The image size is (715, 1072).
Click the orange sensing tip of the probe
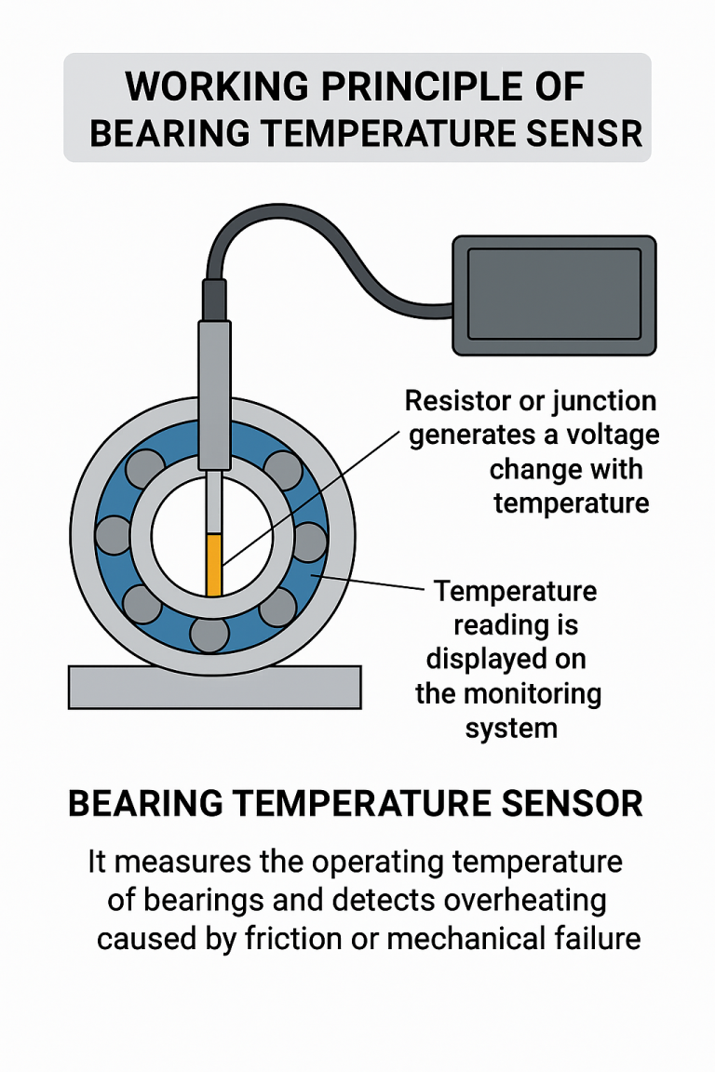(x=214, y=564)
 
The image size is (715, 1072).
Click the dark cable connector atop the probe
(x=214, y=298)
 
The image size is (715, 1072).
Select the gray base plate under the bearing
(x=214, y=687)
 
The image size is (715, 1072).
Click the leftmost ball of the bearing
(x=113, y=534)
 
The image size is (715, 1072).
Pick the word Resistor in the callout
(x=452, y=402)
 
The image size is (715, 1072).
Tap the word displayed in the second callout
(x=506, y=659)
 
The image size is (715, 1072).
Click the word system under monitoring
(x=510, y=727)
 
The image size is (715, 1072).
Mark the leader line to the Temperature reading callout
(x=372, y=584)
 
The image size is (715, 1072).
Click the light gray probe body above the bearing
(x=214, y=391)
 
